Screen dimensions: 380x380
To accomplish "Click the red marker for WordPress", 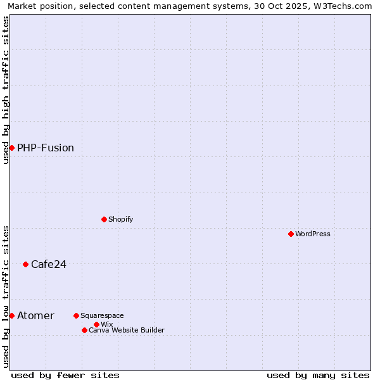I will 291,234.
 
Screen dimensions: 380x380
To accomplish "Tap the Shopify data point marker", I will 104,219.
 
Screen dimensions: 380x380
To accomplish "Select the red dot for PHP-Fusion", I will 11,148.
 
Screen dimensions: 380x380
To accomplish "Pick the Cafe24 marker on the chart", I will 25,264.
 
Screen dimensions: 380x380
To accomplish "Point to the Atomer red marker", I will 11,315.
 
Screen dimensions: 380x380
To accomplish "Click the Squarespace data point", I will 76,315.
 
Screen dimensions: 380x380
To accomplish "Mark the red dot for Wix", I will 96,324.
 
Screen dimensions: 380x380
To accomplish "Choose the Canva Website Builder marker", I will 84,330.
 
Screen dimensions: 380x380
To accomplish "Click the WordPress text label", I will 313,234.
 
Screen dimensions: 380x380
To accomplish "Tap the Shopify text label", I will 121,219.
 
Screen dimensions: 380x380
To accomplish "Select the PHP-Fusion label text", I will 46,148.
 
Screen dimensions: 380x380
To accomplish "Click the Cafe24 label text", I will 49,264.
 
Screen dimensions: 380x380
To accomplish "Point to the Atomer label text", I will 36,315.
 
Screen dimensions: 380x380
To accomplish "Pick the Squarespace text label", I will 102,315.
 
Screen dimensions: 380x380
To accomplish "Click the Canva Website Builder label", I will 127,330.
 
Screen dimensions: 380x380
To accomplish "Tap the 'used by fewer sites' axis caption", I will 65,375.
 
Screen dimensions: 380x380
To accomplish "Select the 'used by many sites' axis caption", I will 318,375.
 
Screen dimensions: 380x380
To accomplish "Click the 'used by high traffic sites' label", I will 6,90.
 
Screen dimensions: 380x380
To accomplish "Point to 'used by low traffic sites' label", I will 6,296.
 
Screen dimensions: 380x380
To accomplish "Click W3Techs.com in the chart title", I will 343,6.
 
